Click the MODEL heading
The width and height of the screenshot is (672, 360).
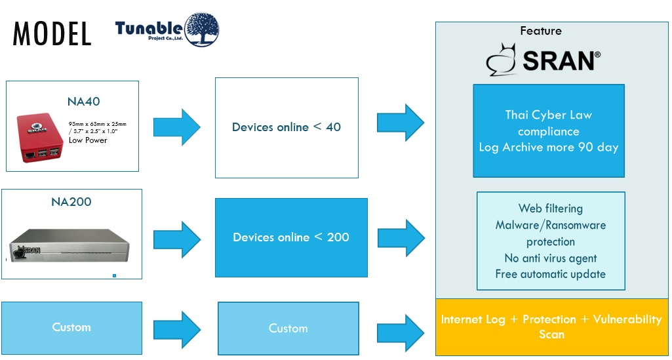coord(52,33)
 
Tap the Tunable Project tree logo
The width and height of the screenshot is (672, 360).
coord(201,30)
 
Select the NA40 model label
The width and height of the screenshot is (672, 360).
coord(83,102)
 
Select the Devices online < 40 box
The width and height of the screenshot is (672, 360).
coord(287,127)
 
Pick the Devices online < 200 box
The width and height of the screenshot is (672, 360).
coord(290,237)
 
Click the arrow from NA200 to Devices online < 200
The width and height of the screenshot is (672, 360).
coord(176,240)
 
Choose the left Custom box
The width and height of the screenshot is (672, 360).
coord(71,327)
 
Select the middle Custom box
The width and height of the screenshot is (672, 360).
coord(288,328)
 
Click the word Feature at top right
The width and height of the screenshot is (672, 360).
coord(540,31)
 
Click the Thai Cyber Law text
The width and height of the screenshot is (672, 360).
coord(548,115)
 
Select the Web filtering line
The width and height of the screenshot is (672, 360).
coord(550,209)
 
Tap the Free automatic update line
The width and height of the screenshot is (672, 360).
coord(550,274)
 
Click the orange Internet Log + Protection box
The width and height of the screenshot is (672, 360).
coord(551,327)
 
